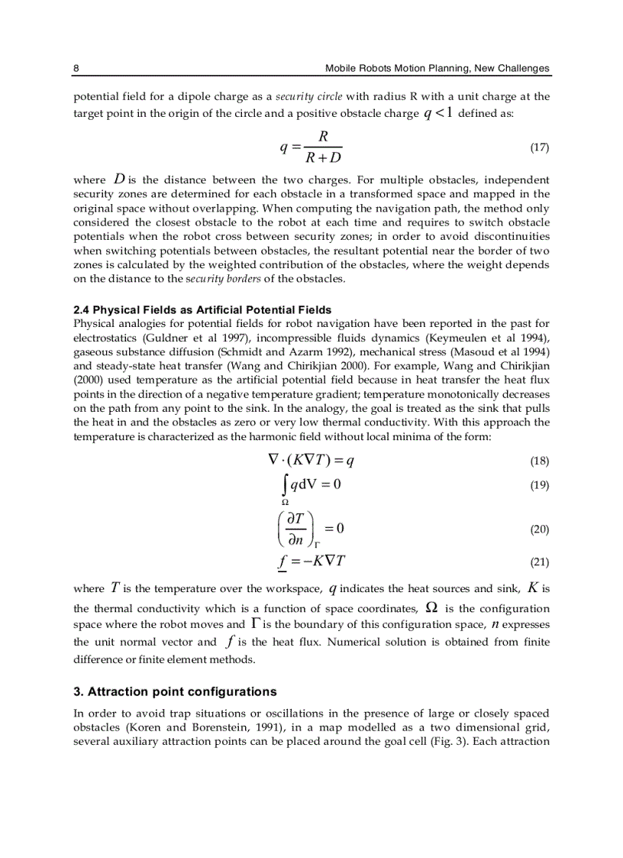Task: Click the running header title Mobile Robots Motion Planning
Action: pos(437,68)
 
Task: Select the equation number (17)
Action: pos(539,147)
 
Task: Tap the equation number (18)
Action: pos(539,461)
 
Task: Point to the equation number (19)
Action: pos(539,485)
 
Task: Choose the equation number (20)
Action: pos(539,529)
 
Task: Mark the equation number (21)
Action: pos(539,562)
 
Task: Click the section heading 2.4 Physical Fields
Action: pos(202,309)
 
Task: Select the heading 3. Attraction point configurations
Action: pos(175,692)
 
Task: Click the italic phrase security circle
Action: pos(309,97)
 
